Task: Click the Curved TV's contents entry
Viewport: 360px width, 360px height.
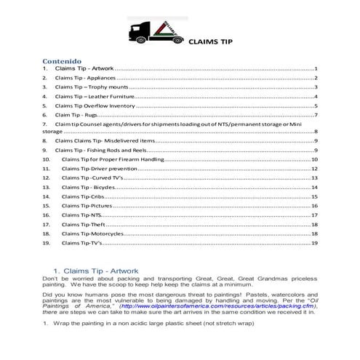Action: tap(95, 177)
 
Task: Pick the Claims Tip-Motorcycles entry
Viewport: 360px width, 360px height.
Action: tap(92, 234)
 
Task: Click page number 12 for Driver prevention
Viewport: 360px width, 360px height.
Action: tap(314, 168)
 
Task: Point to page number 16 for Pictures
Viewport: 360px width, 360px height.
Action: tap(314, 206)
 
